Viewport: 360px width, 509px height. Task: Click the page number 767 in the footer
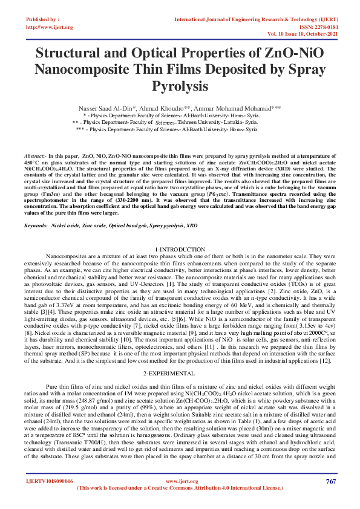(330, 481)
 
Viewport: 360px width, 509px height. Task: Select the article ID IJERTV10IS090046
(49, 481)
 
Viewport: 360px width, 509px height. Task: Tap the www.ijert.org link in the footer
(179, 481)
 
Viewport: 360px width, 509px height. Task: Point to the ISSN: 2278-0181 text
(314, 27)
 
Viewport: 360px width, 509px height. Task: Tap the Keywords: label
(36, 224)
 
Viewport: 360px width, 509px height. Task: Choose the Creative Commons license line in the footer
(180, 489)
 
